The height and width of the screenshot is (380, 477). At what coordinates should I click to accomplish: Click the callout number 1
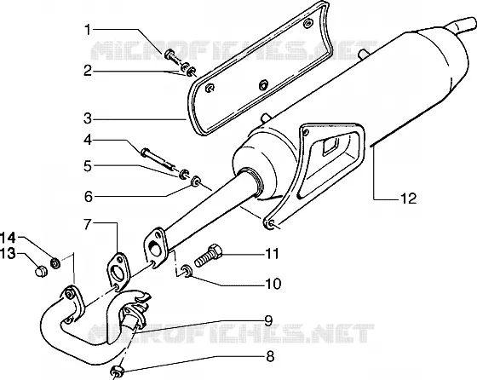(x=88, y=30)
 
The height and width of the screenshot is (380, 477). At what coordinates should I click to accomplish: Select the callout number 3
(x=88, y=118)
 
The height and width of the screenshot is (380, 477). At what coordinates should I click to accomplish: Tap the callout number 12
(x=409, y=199)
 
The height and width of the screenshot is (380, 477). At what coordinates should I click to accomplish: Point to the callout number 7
(x=88, y=225)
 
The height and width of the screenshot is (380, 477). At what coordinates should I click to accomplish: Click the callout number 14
(x=8, y=238)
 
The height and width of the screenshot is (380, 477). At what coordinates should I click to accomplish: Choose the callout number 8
(x=270, y=356)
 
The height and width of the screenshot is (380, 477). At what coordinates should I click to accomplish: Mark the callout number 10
(x=273, y=284)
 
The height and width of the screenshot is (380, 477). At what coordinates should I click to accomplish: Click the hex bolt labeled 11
(x=209, y=256)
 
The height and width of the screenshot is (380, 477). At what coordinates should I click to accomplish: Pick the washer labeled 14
(x=55, y=262)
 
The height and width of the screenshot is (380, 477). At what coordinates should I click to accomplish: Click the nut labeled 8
(x=117, y=371)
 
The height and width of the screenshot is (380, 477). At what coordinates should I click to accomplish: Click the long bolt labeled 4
(x=158, y=158)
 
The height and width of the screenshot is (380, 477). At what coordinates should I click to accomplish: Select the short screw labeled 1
(x=173, y=57)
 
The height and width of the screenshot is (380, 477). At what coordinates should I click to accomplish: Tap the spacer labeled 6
(x=195, y=181)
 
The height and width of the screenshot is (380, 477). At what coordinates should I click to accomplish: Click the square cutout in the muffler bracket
(x=330, y=147)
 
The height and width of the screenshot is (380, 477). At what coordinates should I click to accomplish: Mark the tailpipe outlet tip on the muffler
(x=464, y=26)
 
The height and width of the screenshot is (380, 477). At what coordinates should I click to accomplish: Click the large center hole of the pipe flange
(x=155, y=248)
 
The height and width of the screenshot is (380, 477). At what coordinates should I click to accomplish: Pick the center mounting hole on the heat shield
(x=263, y=85)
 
